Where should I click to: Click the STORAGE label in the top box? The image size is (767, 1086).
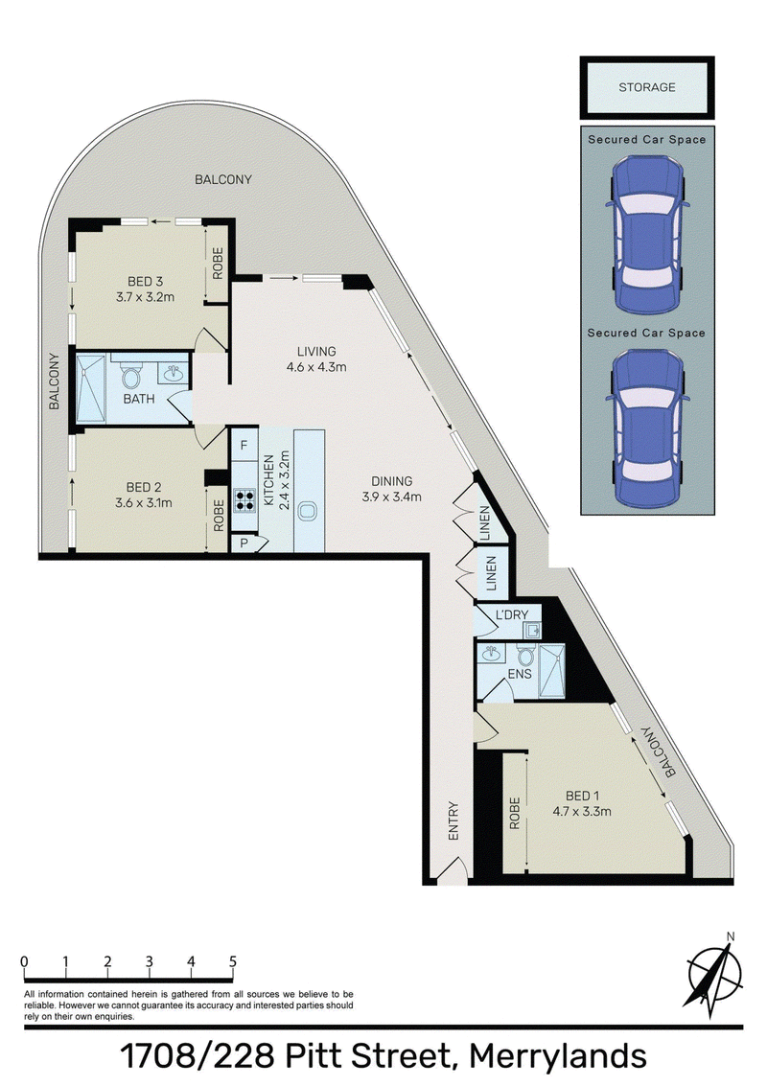pos(646,87)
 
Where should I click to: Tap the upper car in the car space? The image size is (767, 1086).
pos(647,235)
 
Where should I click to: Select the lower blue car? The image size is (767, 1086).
pos(647,427)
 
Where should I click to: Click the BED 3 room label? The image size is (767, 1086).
pos(145,281)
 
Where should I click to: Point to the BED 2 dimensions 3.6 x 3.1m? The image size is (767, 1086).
pos(144,503)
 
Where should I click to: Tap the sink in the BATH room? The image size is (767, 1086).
pos(174,373)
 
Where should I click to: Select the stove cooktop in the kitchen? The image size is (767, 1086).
pos(244,500)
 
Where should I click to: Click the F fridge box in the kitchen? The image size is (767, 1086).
pos(244,446)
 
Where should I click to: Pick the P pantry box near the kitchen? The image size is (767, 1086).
pos(244,543)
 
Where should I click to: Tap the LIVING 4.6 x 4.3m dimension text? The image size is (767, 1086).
pos(316,367)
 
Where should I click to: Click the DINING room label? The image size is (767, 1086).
pos(391,481)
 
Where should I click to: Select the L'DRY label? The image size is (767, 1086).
pos(512,614)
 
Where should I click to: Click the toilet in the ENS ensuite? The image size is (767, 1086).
pos(526,656)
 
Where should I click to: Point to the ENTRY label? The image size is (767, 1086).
pos(453,820)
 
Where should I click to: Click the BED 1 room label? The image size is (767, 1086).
pos(582,797)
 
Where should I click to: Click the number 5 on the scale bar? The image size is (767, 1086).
pos(233,961)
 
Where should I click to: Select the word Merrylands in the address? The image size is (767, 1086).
pos(558,1057)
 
